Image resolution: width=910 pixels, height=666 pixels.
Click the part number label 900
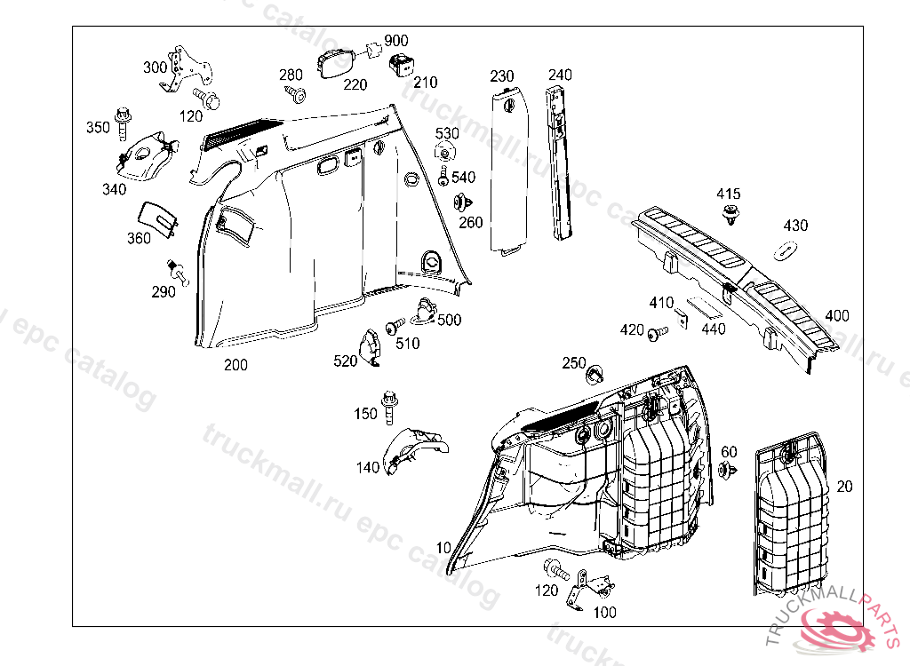point(396,42)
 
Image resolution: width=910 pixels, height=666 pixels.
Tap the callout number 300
point(155,67)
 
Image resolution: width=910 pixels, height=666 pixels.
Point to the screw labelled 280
point(296,93)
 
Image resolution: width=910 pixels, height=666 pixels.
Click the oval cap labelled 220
point(336,64)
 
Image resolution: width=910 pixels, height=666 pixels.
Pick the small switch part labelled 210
point(401,62)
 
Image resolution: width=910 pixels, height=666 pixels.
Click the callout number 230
point(502,76)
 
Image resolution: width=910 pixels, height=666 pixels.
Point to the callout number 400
point(837,316)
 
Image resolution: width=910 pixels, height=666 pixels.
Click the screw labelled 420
point(657,333)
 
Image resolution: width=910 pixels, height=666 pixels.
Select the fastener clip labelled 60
point(727,470)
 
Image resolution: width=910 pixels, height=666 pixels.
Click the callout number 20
point(844,487)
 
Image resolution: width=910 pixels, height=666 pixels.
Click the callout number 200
point(235,365)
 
